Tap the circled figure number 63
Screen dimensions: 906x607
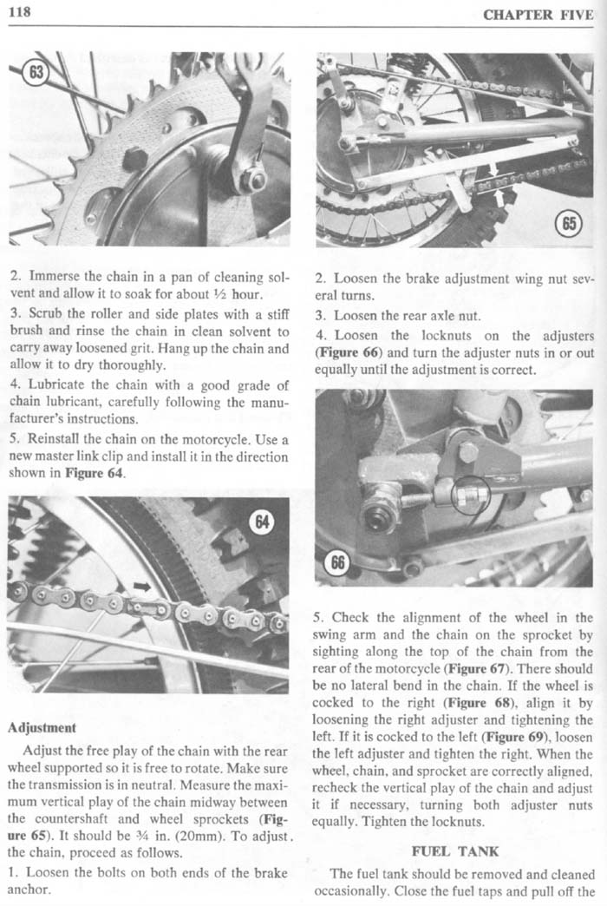tap(36, 71)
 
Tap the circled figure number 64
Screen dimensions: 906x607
tap(261, 522)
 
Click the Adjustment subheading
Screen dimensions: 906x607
tap(43, 726)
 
